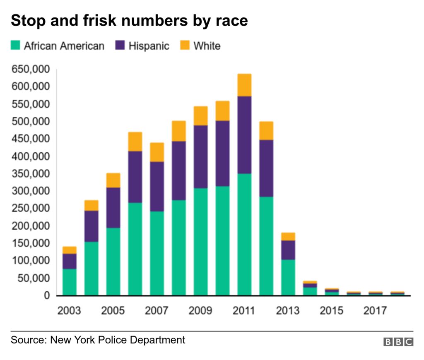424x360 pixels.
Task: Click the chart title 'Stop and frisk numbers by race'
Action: (129, 20)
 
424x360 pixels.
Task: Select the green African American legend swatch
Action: (15, 45)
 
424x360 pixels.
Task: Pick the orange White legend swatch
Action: (185, 45)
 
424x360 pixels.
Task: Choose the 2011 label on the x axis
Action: (244, 310)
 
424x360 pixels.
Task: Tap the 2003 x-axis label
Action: (69, 310)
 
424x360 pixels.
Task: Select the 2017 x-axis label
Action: (375, 310)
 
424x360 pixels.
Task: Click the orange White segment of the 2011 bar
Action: (244, 85)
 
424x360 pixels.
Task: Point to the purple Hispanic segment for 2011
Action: (244, 134)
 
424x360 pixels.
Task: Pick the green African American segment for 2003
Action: (70, 282)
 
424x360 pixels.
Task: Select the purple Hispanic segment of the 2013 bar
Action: (288, 250)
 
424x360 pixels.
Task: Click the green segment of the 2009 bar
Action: (200, 242)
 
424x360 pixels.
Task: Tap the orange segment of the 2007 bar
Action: (157, 152)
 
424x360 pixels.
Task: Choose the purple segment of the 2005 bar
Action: (113, 207)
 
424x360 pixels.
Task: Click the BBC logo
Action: (398, 342)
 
